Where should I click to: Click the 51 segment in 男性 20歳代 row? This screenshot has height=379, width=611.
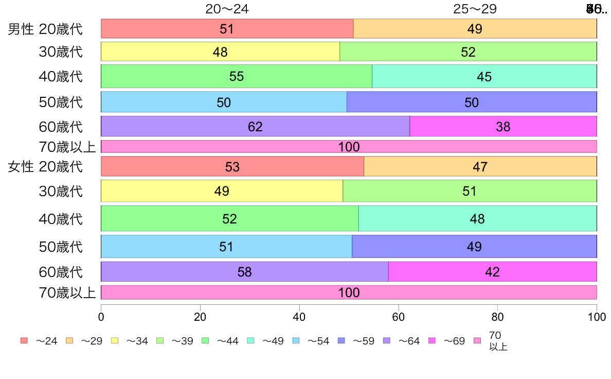click(227, 29)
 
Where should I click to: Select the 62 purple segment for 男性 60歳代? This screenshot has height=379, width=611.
click(255, 126)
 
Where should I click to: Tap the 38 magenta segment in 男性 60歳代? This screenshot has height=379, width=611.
click(503, 126)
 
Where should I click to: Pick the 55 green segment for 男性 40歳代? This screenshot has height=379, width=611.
click(236, 76)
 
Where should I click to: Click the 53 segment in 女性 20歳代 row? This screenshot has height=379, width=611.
click(232, 166)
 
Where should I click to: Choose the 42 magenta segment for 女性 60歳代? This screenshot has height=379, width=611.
click(492, 271)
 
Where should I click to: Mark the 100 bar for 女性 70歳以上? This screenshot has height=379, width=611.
click(349, 292)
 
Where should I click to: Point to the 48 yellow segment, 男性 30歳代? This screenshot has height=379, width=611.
click(220, 51)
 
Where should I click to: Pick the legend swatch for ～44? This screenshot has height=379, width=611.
click(205, 341)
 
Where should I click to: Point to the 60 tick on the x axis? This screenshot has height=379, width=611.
click(398, 317)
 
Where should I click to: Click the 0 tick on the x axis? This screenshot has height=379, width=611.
click(101, 317)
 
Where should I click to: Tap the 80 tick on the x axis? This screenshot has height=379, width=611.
click(497, 317)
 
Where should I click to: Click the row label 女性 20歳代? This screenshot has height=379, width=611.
click(45, 167)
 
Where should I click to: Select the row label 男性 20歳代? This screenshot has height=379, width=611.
click(45, 29)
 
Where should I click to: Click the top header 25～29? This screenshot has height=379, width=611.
click(475, 9)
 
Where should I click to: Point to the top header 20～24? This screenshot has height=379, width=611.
click(227, 9)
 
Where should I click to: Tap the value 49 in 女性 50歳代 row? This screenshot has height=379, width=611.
click(474, 246)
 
